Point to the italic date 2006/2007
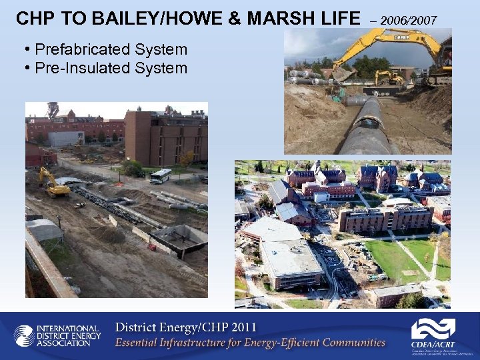tap(408, 20)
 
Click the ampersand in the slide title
tap(235, 19)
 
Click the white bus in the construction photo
tap(160, 176)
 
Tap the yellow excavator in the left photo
tap(53, 183)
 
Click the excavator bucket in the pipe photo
tap(342, 73)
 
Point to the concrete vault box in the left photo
tap(178, 237)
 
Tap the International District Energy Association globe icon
tap(24, 335)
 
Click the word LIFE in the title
tap(335, 19)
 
